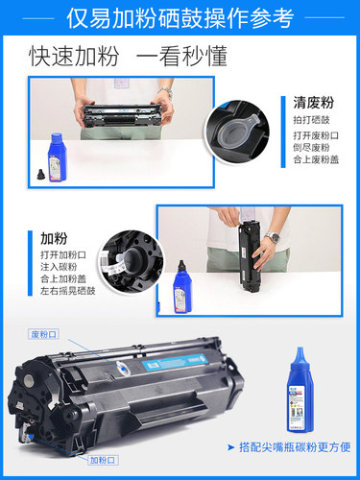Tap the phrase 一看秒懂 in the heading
181,57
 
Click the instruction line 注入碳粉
61,268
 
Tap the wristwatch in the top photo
166,92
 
